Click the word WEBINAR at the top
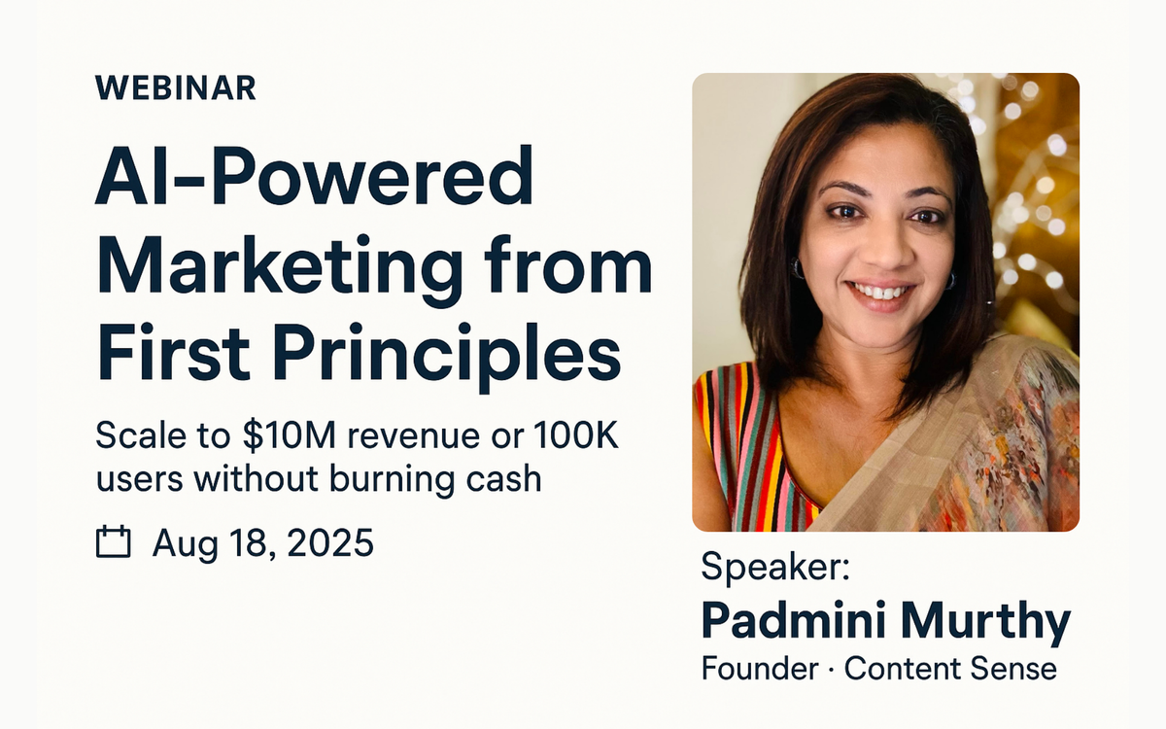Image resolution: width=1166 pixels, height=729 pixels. [176, 87]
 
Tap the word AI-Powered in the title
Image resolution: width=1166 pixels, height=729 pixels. [314, 177]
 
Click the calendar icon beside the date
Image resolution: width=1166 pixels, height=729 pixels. [114, 541]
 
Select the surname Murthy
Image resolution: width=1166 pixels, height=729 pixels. [991, 620]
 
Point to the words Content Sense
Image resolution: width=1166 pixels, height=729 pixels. [949, 670]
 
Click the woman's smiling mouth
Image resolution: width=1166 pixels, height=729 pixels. [879, 291]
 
